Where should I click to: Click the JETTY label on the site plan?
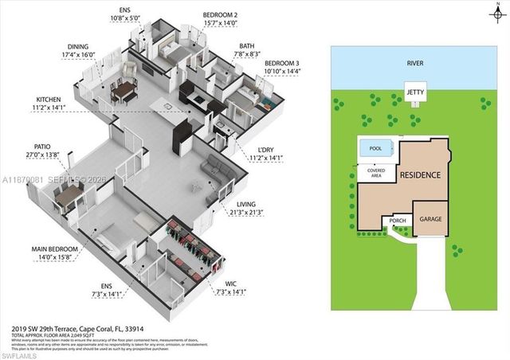click(x=414, y=92)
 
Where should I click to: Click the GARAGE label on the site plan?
click(x=430, y=218)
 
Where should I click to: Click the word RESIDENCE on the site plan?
click(x=420, y=174)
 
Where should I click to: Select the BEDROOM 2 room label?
click(x=220, y=15)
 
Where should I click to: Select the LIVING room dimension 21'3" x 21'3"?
click(x=247, y=213)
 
